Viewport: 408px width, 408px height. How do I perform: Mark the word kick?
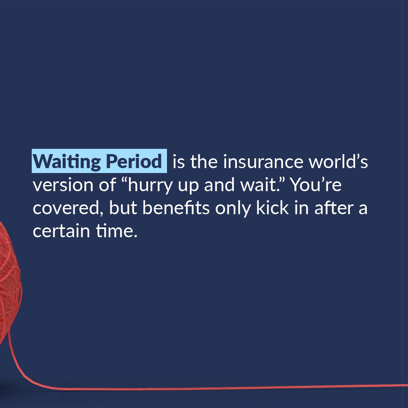[x=270, y=209]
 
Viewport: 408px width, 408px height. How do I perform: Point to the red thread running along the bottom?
[x=227, y=387]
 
